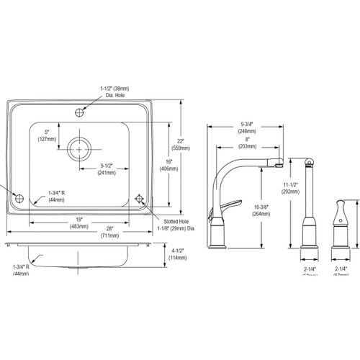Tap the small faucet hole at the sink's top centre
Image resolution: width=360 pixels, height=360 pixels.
[83, 112]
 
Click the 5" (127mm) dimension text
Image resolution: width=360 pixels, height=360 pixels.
[49, 136]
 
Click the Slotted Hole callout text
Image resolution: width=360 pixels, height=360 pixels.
[171, 223]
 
